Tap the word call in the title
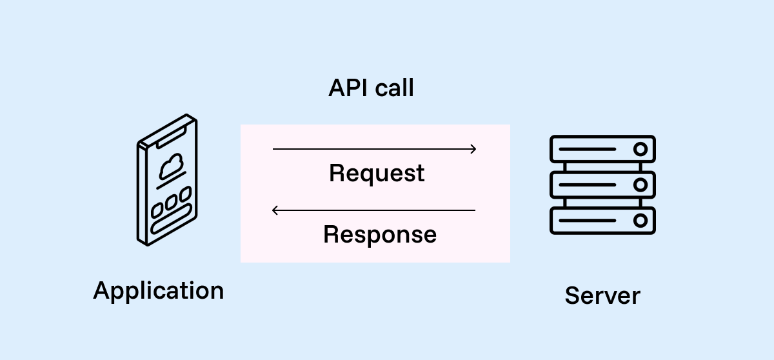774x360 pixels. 393,88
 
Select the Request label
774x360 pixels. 377,174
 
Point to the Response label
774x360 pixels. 380,234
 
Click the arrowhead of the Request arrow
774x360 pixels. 473,149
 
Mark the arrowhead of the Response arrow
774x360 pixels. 275,210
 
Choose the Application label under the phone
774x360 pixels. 159,290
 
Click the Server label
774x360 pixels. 602,295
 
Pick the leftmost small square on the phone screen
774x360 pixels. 157,210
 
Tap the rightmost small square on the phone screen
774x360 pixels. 185,194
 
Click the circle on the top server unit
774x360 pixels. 640,149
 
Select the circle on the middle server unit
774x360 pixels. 640,185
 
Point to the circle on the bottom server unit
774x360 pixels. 640,221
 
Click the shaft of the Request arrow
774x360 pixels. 374,149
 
